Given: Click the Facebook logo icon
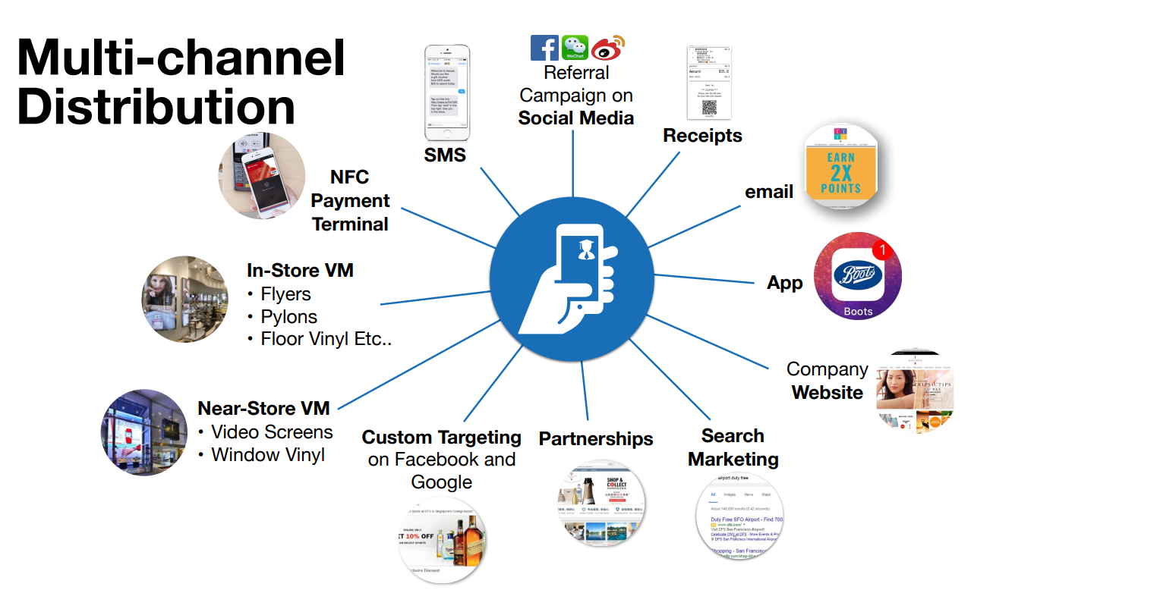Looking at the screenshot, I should click(x=544, y=48).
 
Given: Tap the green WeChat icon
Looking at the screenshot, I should click(x=575, y=48).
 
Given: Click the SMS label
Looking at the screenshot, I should click(x=444, y=155).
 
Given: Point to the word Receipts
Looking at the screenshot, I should click(x=702, y=136).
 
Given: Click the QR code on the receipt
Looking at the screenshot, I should click(x=709, y=108).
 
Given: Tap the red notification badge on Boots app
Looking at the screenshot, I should click(x=881, y=249).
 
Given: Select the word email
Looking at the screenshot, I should click(x=769, y=192).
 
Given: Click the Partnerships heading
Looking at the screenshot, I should click(x=596, y=439).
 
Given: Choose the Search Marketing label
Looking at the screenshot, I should click(x=733, y=447).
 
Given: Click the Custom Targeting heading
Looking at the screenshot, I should click(x=442, y=438).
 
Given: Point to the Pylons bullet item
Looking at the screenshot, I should click(x=288, y=316).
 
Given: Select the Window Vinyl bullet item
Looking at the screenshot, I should click(x=268, y=454).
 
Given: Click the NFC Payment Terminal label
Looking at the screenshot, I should click(x=351, y=201).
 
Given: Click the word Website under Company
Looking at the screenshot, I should click(x=827, y=393).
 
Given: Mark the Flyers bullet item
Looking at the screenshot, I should click(x=285, y=293).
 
